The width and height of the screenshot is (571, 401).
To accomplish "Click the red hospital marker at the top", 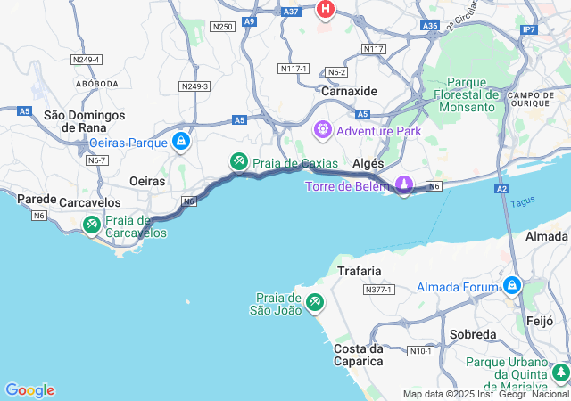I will point(326,10).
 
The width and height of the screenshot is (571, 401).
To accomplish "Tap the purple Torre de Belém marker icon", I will point(404,185).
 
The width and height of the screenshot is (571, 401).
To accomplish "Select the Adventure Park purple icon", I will point(321,131).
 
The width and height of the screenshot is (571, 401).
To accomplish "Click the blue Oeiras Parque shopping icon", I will point(181,142).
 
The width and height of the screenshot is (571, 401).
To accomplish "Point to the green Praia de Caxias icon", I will point(238,162).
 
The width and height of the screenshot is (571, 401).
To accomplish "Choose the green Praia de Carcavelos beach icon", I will point(91,225).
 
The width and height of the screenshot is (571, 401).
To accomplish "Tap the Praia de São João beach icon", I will point(314,303).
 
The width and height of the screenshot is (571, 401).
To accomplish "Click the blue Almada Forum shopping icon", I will point(512,287).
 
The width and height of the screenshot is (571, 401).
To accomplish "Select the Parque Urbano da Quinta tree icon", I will point(560,372).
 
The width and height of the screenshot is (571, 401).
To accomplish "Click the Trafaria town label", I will point(360,270).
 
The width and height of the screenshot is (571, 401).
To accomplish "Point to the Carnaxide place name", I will point(349,91).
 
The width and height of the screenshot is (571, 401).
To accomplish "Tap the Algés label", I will point(368,164).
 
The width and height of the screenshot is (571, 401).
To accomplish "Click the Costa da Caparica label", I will point(359,354).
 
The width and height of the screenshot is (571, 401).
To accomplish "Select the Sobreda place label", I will point(472,334).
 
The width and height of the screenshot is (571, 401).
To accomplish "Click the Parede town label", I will point(37,199).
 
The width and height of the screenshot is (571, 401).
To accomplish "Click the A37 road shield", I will point(291,12).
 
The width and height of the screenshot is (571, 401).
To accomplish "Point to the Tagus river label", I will point(523,202).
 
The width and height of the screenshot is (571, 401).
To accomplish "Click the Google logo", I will point(29,390).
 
